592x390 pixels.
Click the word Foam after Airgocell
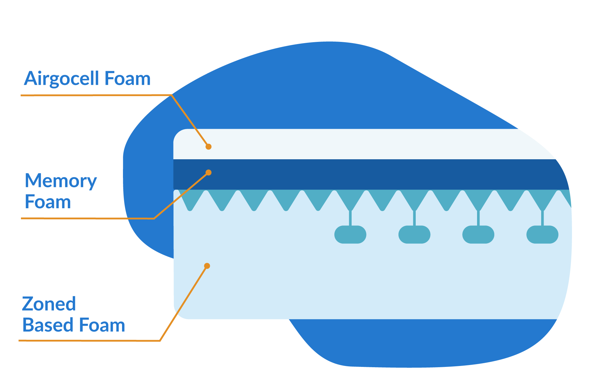coord(127,79)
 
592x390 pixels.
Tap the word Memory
coord(61,181)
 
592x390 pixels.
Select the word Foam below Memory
coord(48,202)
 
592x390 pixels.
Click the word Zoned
coord(49,304)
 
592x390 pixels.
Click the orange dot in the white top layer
coord(209,147)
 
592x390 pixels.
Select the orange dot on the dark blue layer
coord(209,173)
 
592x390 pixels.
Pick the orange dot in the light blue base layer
coord(207,266)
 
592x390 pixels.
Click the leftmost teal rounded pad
coord(350,235)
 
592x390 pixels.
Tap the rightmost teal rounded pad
coord(542,235)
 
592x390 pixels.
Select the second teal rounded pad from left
coord(414,235)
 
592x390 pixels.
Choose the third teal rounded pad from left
coord(478,235)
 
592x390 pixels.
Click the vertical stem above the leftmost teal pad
coord(350,218)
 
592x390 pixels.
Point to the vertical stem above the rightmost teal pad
coord(542,218)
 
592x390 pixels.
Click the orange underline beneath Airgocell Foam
coord(92,95)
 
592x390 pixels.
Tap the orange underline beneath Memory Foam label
coord(86,218)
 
